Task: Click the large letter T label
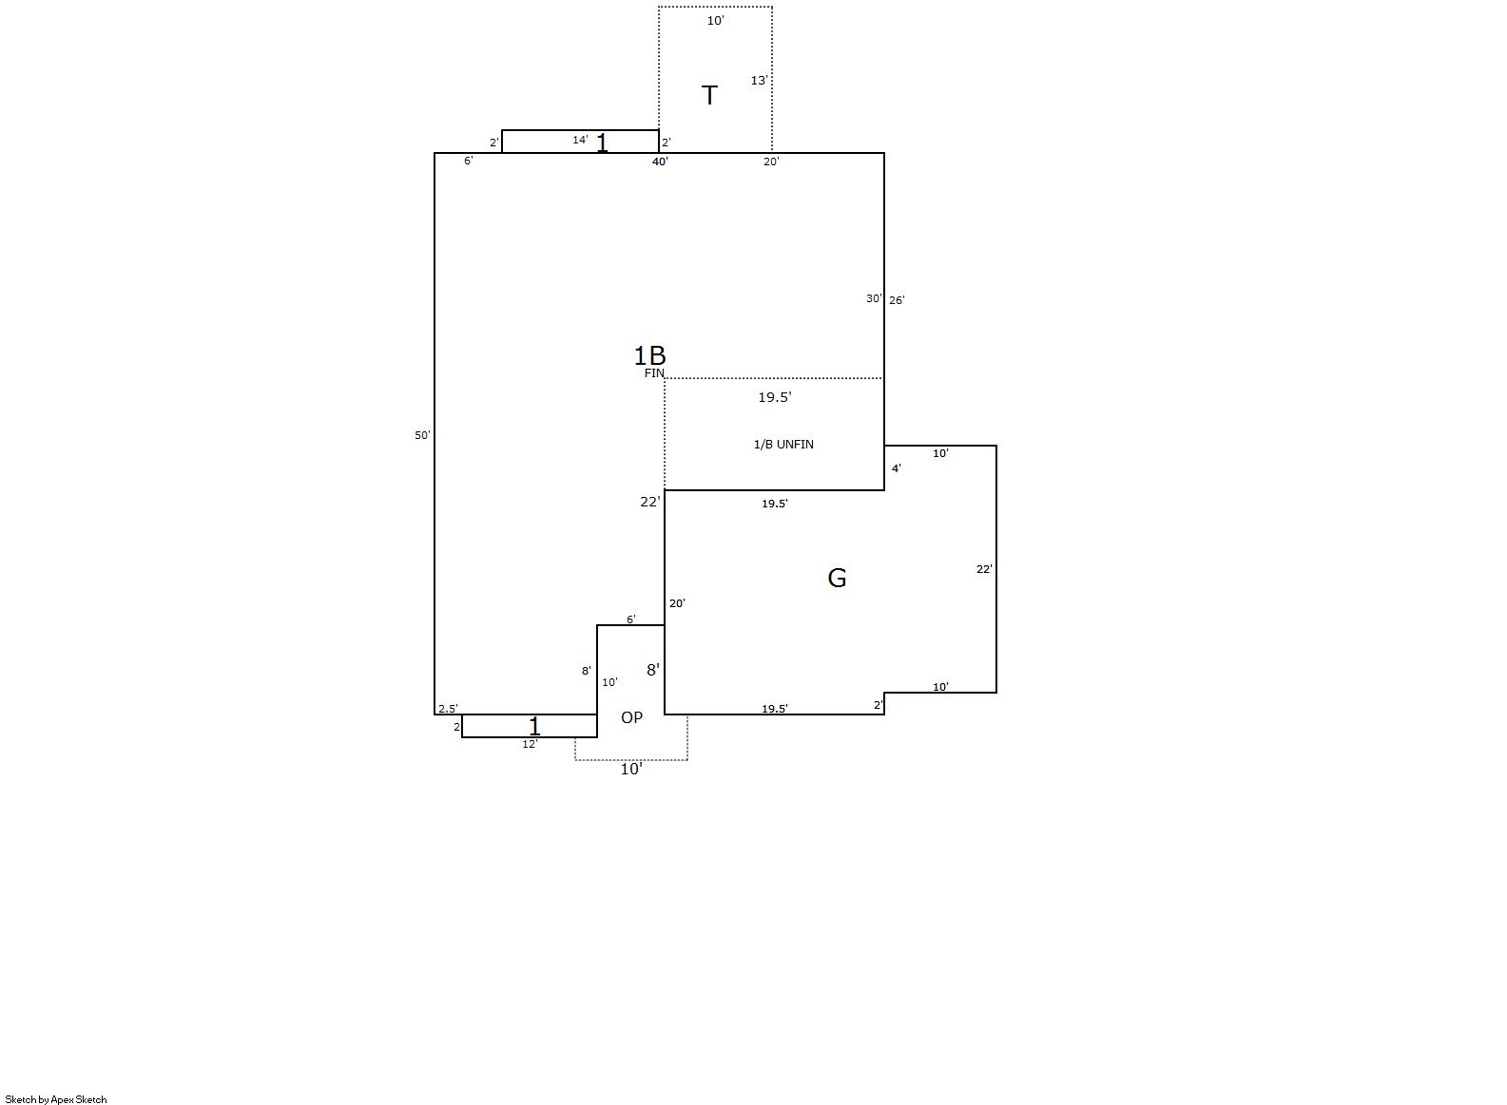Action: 709,95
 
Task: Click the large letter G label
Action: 837,578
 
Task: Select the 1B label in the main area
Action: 650,355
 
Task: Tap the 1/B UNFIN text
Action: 783,445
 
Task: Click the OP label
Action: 631,718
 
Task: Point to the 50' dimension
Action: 422,435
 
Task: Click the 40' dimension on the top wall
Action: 660,162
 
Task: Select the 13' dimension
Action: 759,81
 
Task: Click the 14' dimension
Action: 580,140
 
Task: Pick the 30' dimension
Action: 873,298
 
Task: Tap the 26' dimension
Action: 897,300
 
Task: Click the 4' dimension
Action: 897,468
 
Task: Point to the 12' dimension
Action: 531,744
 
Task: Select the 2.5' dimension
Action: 448,709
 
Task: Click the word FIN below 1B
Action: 654,373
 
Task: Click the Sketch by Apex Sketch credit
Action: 56,1099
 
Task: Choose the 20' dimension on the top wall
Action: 771,162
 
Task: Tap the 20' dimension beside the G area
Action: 677,603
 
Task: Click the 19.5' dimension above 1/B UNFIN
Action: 774,397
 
